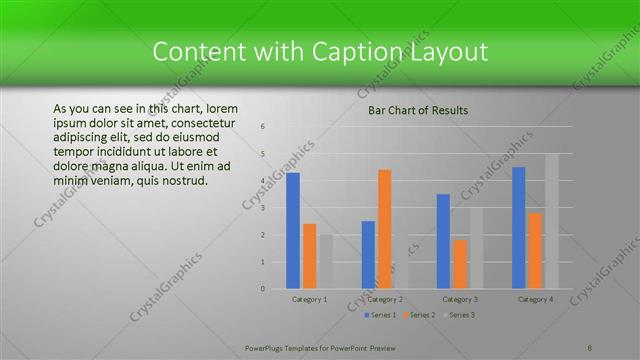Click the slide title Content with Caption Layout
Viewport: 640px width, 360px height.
point(320,51)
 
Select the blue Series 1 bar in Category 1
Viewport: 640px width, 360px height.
point(293,231)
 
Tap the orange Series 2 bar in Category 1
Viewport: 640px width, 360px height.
point(310,256)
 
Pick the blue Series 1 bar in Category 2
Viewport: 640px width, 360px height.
point(368,255)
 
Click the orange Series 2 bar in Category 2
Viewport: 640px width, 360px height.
point(385,229)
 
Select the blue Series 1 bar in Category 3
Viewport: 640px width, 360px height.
point(443,241)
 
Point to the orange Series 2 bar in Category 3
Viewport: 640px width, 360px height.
point(460,264)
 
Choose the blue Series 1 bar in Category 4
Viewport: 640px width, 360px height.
point(518,228)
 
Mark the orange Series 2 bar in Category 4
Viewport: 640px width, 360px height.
point(535,251)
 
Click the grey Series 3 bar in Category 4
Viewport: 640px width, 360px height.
point(552,221)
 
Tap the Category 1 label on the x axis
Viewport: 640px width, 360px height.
point(310,299)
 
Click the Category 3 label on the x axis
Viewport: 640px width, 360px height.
point(460,299)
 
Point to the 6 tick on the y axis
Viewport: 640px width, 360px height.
point(262,127)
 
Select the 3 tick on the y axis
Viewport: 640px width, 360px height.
point(262,208)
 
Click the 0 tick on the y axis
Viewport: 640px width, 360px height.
point(262,289)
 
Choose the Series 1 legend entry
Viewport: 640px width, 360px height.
point(379,315)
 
